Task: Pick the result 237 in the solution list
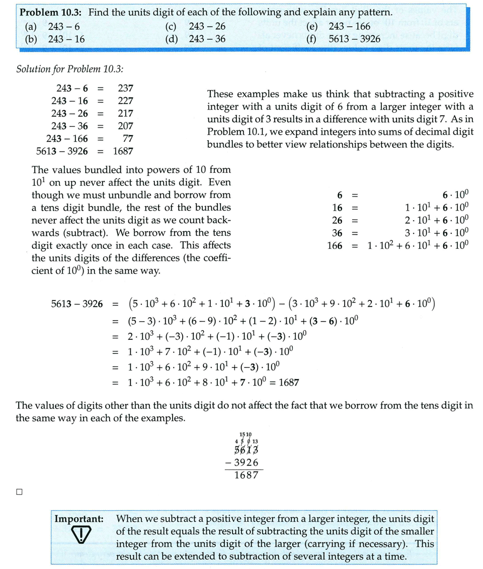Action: coord(125,88)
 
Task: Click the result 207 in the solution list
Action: coord(125,126)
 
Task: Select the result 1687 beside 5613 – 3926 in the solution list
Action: coord(123,150)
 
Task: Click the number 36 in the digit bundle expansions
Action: coord(337,233)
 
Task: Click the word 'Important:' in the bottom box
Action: coord(79,518)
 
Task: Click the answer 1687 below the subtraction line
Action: coord(246,475)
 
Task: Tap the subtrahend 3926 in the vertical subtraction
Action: coord(247,462)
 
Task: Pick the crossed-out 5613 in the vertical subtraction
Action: coord(246,450)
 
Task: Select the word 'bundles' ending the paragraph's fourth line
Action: coord(208,207)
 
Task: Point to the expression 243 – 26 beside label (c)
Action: coord(207,27)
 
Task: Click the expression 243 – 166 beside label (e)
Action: coord(349,27)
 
